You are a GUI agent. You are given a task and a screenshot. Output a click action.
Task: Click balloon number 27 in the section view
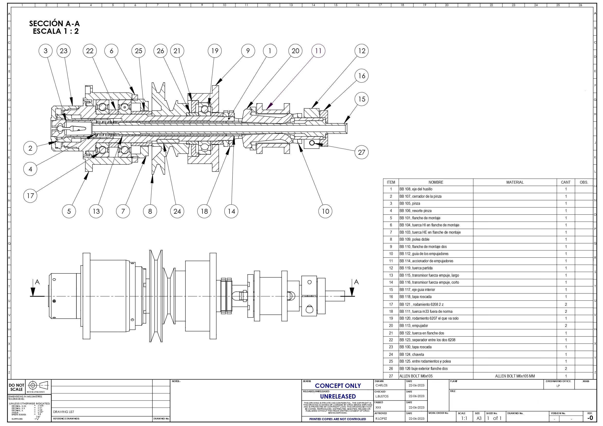coord(361,152)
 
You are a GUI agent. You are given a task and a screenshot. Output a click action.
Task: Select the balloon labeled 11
coord(318,51)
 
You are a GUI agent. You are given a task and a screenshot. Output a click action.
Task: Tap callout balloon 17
coord(30,196)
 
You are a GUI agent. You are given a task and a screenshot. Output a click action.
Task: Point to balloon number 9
coord(248,51)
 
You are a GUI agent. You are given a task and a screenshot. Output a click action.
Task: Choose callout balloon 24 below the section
coord(177,211)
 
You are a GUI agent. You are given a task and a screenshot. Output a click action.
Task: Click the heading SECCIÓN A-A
coord(54,24)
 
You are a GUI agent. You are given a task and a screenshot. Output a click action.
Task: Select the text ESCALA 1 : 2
coord(56,31)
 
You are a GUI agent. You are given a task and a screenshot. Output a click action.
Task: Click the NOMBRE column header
coord(436,182)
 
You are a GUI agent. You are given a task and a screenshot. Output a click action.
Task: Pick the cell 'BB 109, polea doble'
coord(415,239)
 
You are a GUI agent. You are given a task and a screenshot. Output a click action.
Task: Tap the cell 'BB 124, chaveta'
coord(411,354)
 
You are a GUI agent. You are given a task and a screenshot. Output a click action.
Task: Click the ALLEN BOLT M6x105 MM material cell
coord(515,376)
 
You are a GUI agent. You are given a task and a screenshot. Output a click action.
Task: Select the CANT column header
coord(566,182)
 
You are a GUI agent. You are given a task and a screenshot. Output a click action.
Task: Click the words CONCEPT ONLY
coord(338,386)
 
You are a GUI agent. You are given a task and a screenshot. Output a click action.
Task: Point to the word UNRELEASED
coord(338,396)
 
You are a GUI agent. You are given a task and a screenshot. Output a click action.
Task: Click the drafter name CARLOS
coord(381,385)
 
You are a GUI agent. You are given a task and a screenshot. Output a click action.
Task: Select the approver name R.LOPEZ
coord(381,419)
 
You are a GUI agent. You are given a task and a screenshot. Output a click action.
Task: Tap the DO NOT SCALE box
coord(16,387)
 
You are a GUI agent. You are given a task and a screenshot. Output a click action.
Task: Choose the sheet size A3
coord(479,418)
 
